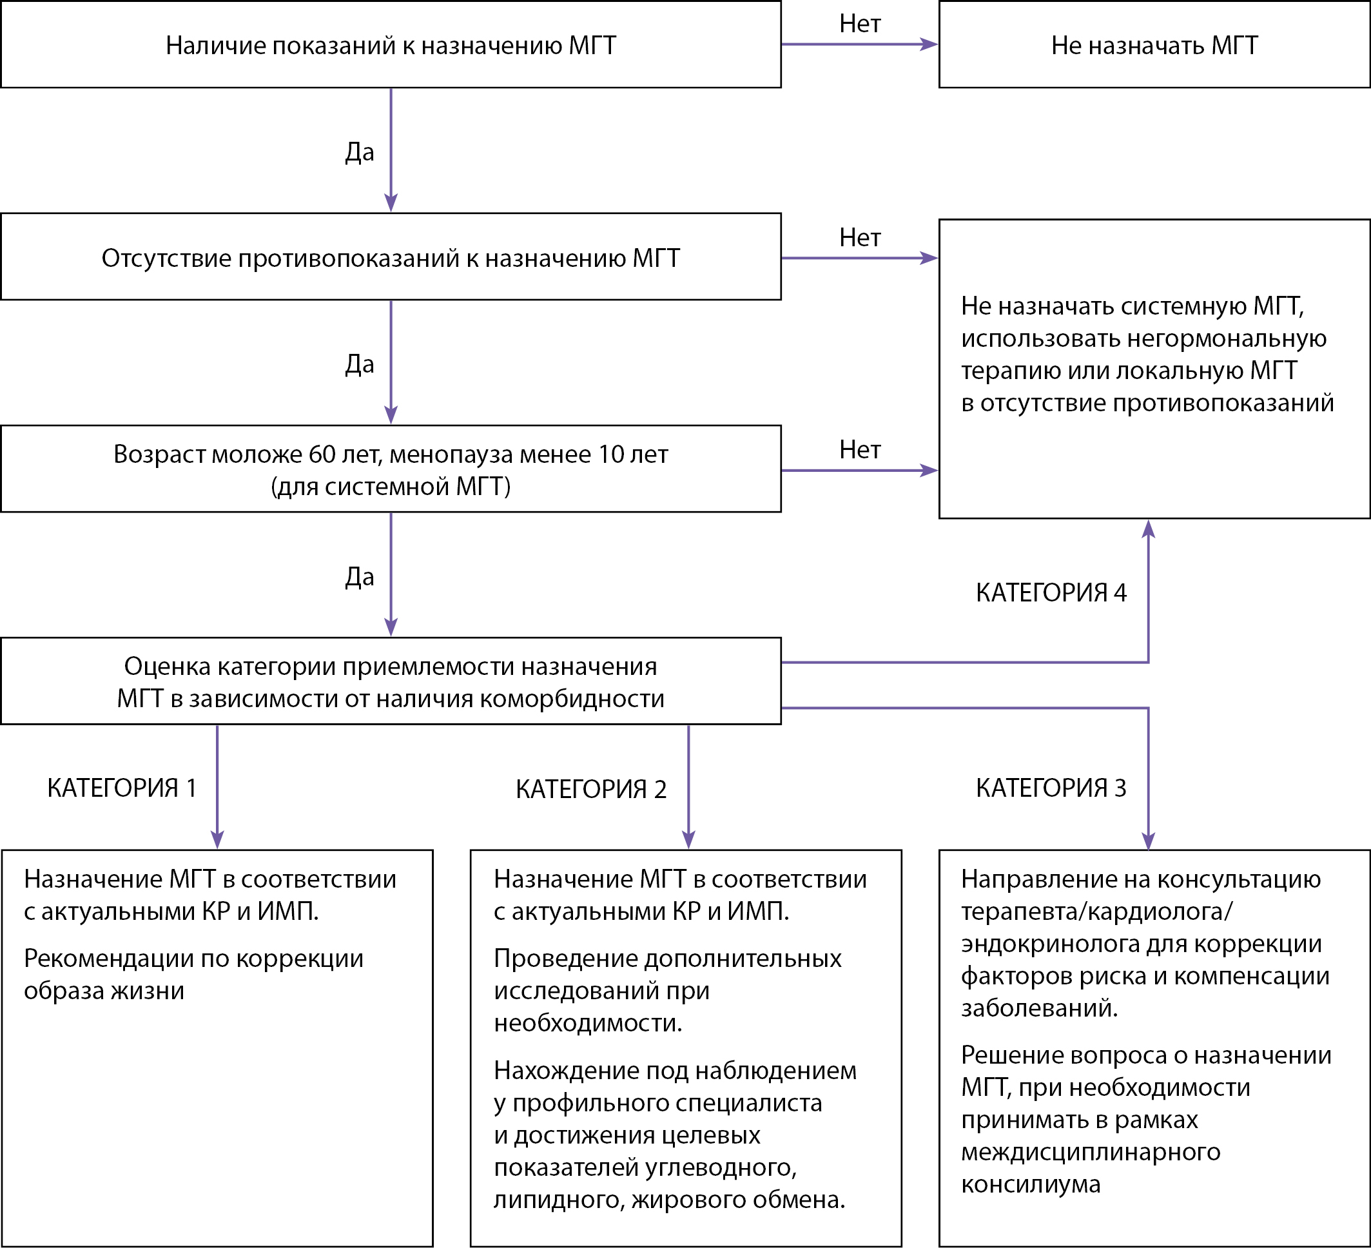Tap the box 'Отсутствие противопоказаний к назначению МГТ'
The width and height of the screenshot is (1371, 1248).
click(x=391, y=257)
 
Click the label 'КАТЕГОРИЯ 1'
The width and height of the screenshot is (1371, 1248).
click(x=122, y=788)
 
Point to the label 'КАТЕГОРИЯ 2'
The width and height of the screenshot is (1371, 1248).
click(x=591, y=790)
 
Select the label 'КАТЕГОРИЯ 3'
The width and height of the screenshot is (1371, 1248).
click(x=1051, y=788)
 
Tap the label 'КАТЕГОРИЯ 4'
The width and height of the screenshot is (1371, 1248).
click(x=1051, y=593)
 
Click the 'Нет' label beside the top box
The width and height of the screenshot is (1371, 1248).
click(x=861, y=24)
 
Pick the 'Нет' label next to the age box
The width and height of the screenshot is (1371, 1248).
click(x=861, y=449)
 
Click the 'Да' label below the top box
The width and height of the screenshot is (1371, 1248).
click(x=360, y=151)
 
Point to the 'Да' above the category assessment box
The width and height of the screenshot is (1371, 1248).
click(x=360, y=577)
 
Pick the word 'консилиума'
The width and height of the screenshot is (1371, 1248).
click(x=1031, y=1184)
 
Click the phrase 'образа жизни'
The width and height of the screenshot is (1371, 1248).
click(x=104, y=991)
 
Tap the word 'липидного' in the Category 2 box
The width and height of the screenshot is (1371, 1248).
click(x=556, y=1200)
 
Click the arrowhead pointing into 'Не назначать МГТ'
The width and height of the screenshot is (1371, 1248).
click(x=929, y=44)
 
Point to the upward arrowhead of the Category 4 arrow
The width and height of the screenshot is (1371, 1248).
click(x=1149, y=529)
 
